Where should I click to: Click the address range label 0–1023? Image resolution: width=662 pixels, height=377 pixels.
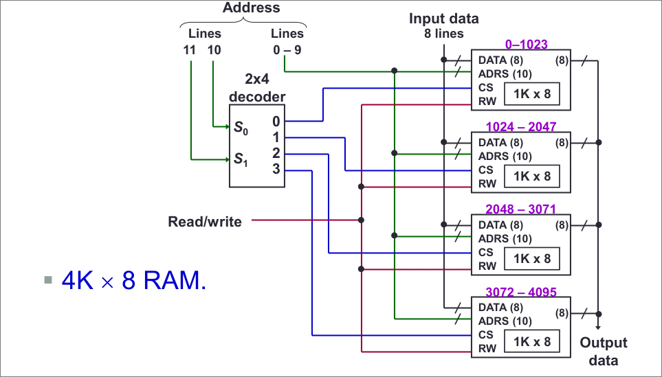(x=526, y=45)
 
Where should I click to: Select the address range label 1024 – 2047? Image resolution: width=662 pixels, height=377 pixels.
(x=520, y=127)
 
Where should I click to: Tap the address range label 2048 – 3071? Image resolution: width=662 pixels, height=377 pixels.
(x=520, y=209)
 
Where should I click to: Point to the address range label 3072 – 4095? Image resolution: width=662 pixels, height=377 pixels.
(x=520, y=291)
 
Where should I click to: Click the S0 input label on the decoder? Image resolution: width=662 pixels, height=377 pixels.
(x=239, y=127)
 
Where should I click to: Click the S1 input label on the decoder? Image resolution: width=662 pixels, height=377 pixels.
(x=239, y=160)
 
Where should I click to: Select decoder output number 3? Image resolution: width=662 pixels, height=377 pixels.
(x=276, y=168)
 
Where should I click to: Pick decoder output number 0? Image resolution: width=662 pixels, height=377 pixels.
(x=276, y=122)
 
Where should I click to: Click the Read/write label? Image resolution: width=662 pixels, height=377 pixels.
(x=205, y=222)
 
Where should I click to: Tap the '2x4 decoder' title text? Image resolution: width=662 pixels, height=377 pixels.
(x=256, y=89)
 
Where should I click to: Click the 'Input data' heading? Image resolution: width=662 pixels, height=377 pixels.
(x=443, y=19)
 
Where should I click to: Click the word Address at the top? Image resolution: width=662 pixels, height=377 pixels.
(x=251, y=8)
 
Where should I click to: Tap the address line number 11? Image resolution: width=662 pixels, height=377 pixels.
(x=190, y=50)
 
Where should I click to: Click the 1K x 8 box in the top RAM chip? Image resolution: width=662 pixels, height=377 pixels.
(x=527, y=94)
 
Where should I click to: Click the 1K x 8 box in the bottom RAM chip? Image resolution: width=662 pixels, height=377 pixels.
(x=527, y=341)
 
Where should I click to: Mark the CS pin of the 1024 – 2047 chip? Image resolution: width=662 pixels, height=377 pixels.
(x=485, y=170)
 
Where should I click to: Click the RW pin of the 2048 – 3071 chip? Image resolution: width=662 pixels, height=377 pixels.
(x=487, y=266)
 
